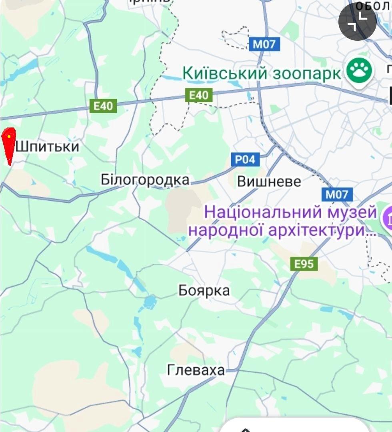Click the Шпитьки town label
tap(48, 147)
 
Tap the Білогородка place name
tap(145, 180)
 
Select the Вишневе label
tap(269, 181)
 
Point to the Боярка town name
tap(204, 291)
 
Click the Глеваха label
tap(196, 370)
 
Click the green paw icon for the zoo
tap(359, 71)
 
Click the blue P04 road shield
tap(245, 160)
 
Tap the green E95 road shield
tap(304, 264)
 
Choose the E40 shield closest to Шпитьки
tap(103, 106)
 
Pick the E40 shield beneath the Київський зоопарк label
tap(199, 95)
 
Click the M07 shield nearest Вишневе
tap(337, 195)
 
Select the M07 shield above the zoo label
tap(264, 44)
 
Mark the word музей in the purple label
tap(352, 212)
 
